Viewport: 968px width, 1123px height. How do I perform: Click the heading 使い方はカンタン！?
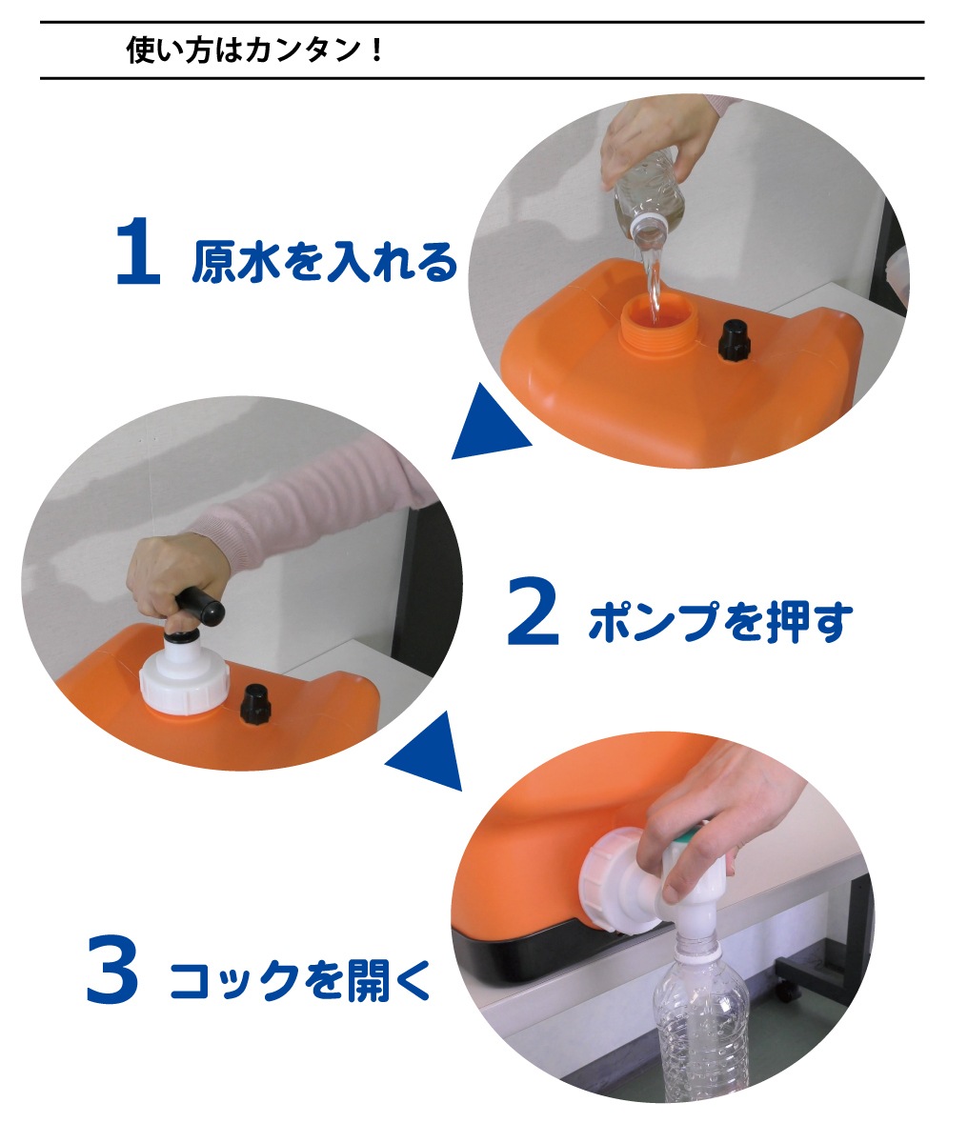tap(255, 50)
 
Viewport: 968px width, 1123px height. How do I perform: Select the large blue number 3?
tap(111, 970)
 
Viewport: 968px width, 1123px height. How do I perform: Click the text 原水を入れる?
tap(324, 261)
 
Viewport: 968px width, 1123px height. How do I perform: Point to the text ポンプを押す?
tap(720, 621)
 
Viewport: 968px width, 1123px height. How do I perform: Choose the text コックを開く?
tap(300, 979)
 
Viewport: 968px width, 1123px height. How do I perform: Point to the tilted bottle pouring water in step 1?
tap(649, 197)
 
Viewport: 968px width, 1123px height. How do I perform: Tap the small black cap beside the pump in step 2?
tap(255, 703)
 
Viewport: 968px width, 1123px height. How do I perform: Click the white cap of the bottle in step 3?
tap(696, 946)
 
